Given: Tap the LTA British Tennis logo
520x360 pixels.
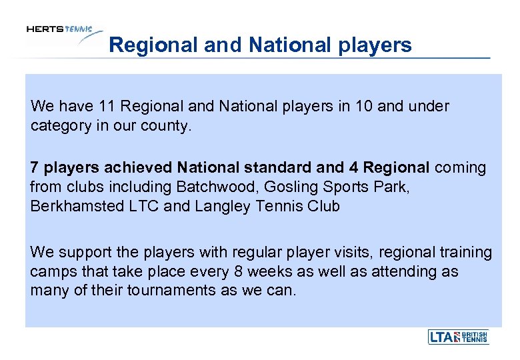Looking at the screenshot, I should point(458,337).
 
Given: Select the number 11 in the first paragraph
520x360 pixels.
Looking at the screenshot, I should point(107,106).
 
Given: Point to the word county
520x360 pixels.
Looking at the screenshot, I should point(169,125).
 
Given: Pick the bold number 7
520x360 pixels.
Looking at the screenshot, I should point(35,167).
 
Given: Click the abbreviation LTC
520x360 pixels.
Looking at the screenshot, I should point(143,206).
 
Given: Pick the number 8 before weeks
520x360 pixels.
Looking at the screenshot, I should point(239,272).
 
